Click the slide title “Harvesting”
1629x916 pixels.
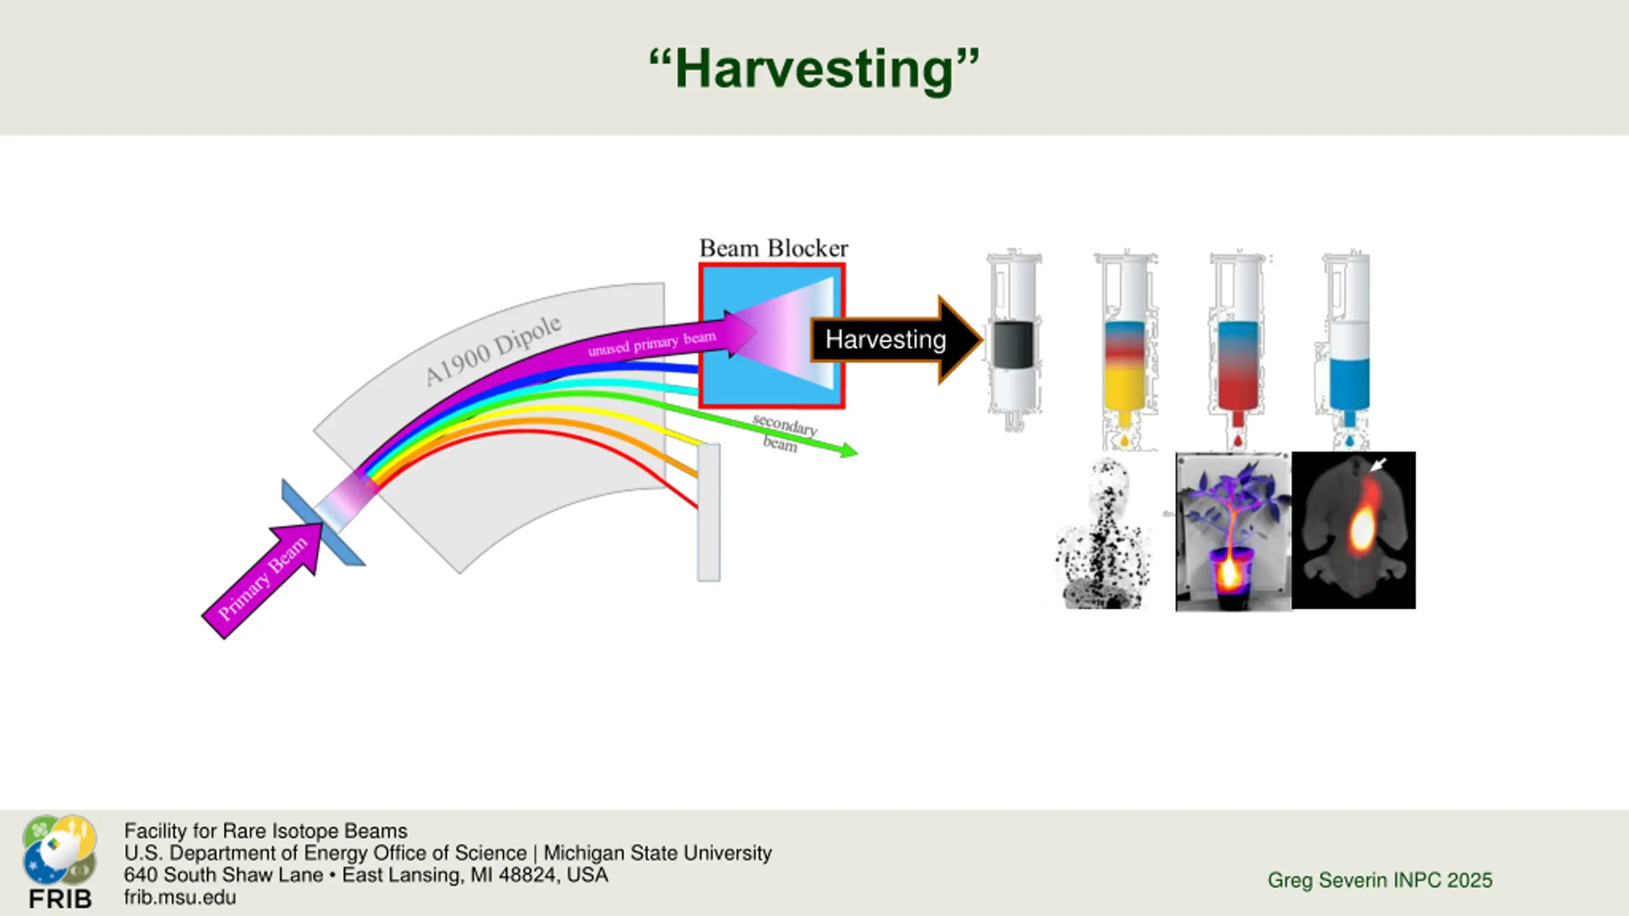(814, 69)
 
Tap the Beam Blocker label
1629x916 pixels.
(773, 248)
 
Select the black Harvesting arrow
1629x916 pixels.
(891, 340)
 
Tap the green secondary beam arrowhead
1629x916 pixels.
(849, 451)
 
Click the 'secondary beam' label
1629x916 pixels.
(783, 433)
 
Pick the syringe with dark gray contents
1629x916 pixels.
(1013, 344)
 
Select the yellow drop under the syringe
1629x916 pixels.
(1124, 440)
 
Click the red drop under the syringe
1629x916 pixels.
(1238, 440)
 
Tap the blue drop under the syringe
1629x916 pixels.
(1350, 440)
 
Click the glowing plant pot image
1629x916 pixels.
(1233, 532)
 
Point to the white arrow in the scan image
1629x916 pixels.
(1377, 465)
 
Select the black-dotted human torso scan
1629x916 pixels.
(1103, 534)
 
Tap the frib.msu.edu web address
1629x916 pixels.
(180, 897)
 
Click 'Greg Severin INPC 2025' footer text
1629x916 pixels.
(1380, 880)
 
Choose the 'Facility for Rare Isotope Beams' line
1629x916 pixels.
(265, 831)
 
